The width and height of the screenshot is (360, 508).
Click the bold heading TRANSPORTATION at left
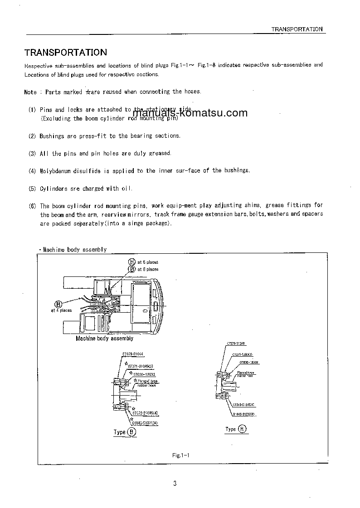pyautogui.click(x=65, y=53)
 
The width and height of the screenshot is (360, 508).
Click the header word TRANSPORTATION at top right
pyautogui.click(x=297, y=29)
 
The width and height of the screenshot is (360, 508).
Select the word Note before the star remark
pyautogui.click(x=30, y=92)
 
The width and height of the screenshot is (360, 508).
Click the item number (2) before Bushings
pyautogui.click(x=32, y=136)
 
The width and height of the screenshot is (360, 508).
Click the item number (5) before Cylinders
pyautogui.click(x=32, y=189)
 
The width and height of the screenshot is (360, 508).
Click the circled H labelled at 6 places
pyautogui.click(x=132, y=262)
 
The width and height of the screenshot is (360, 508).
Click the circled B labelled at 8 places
pyautogui.click(x=132, y=269)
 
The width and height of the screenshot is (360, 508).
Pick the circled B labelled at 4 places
pyautogui.click(x=58, y=304)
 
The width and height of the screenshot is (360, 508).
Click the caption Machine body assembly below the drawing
pyautogui.click(x=104, y=339)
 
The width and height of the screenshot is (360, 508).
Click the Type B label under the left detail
pyautogui.click(x=125, y=432)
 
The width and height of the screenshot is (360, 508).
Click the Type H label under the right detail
pyautogui.click(x=236, y=429)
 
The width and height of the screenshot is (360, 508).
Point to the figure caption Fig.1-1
pyautogui.click(x=180, y=455)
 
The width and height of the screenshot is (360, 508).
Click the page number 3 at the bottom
pyautogui.click(x=175, y=484)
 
